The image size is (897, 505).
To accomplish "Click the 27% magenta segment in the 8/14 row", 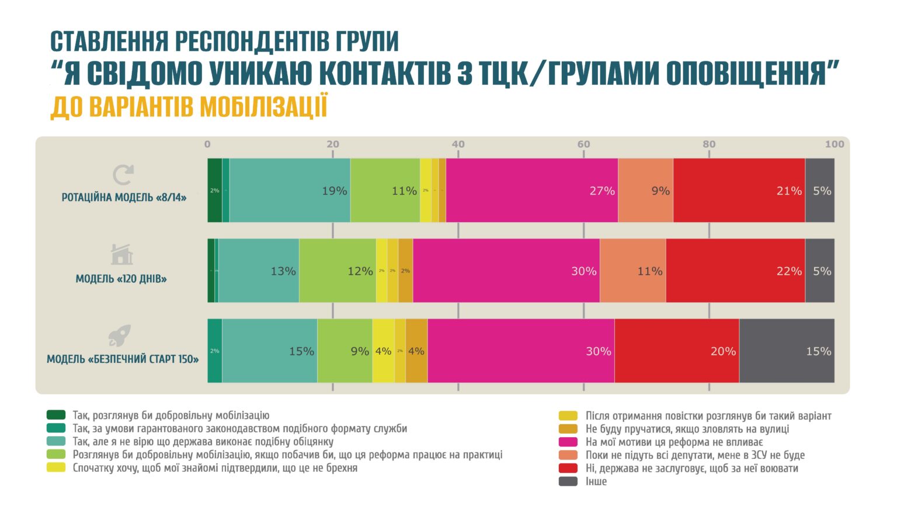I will (531, 191).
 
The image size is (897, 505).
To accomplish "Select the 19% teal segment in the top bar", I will (290, 191).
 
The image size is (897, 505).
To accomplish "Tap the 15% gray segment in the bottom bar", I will (787, 351).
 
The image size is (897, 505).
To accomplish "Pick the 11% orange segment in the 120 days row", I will (632, 271).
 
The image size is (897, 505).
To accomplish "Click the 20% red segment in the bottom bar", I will (676, 351).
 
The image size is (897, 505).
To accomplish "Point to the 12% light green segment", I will (338, 271).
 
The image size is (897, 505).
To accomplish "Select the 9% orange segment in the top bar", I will (645, 191).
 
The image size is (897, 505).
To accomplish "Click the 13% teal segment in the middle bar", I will (259, 271).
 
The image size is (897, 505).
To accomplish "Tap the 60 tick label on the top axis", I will (583, 144).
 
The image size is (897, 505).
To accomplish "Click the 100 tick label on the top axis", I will (834, 144).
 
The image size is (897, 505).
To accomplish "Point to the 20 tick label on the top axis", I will (332, 144).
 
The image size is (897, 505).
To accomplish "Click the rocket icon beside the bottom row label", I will (120, 335).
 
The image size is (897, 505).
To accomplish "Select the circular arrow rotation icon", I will (123, 175).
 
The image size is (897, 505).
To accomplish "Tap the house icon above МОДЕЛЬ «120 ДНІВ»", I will (121, 255).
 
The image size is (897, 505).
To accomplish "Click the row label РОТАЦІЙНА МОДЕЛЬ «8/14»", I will (124, 198).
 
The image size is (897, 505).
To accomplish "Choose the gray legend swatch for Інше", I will (568, 482).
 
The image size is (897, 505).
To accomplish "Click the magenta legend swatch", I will (568, 442).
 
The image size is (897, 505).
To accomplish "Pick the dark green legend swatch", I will (56, 416).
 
